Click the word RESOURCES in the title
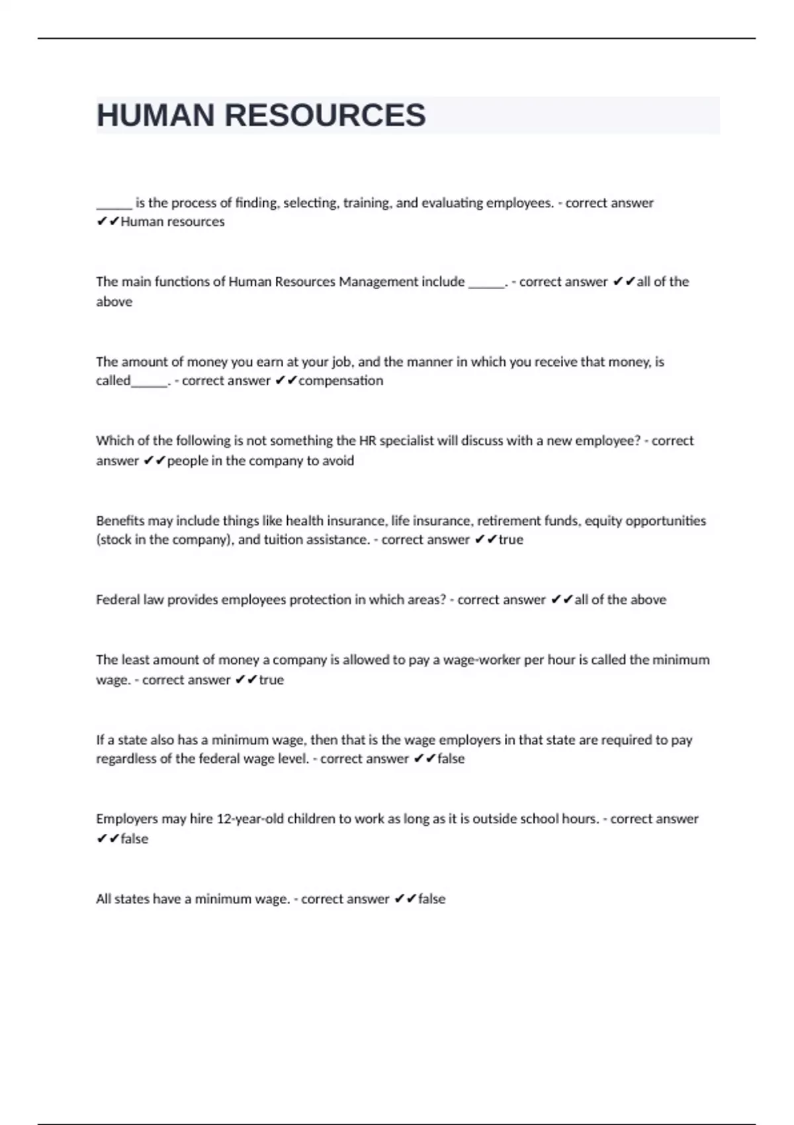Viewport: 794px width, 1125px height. tap(325, 115)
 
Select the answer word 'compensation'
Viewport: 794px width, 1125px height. tap(341, 381)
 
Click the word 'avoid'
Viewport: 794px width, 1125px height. tap(339, 461)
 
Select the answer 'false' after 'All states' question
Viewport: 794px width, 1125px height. tap(431, 899)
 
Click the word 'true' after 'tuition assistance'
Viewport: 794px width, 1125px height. tap(511, 540)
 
